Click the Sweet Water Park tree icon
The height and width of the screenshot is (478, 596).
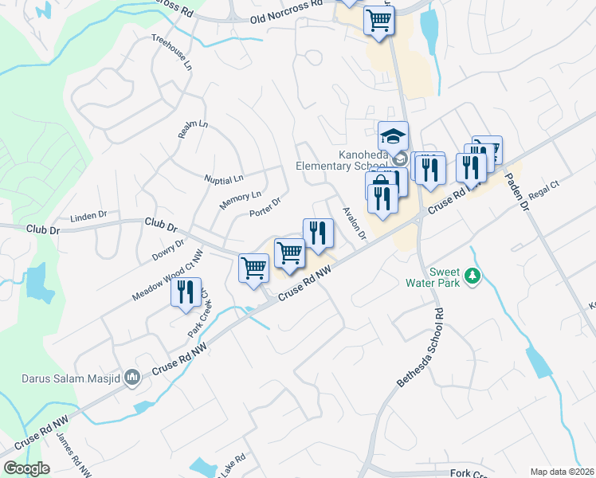pos(473,275)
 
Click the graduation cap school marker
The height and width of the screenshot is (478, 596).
pos(393,135)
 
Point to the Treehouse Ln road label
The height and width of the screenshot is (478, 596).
pos(172,53)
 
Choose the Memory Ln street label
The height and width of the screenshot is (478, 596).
pos(240,200)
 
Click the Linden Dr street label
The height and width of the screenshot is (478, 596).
pos(88,215)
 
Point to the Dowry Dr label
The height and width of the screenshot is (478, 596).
pos(167,251)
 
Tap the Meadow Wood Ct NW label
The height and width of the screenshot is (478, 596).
pos(168,272)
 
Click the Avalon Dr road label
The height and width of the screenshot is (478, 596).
pos(353,224)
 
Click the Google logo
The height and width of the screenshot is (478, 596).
pos(28,468)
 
